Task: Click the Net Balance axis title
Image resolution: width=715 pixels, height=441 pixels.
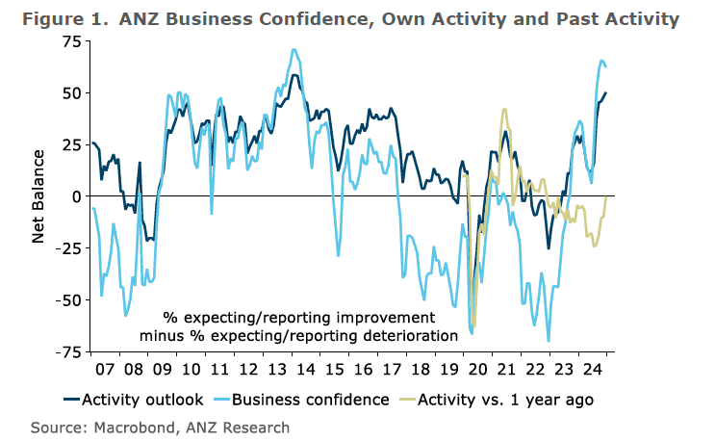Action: tap(38, 195)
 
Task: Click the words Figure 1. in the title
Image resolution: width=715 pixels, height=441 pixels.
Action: tap(67, 18)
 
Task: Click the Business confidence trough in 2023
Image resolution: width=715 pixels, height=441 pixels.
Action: tap(549, 340)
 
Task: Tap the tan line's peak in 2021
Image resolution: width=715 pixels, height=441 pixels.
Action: tap(505, 110)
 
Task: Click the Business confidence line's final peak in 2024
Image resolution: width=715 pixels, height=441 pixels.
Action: tap(601, 62)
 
